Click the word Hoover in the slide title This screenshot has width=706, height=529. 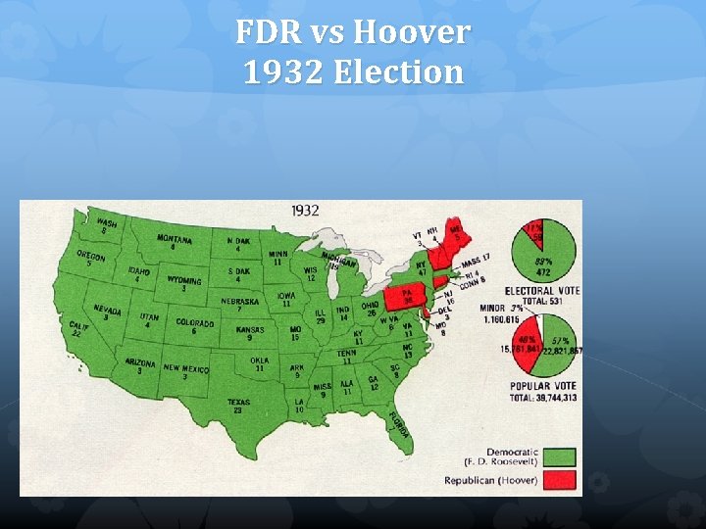(x=412, y=33)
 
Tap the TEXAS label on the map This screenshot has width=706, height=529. (x=237, y=402)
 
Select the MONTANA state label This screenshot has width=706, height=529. (x=175, y=239)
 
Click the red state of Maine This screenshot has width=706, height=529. (x=453, y=233)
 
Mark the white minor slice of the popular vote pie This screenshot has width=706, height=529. (x=537, y=322)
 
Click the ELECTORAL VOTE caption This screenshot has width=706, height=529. (x=542, y=291)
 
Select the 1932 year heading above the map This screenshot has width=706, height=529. (x=304, y=211)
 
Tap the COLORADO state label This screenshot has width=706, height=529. (x=194, y=322)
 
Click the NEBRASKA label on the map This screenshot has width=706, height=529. (x=239, y=302)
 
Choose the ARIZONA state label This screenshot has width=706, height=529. (x=140, y=362)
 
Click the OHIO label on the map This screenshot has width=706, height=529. (x=370, y=306)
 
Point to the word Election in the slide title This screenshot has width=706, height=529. (x=402, y=72)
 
